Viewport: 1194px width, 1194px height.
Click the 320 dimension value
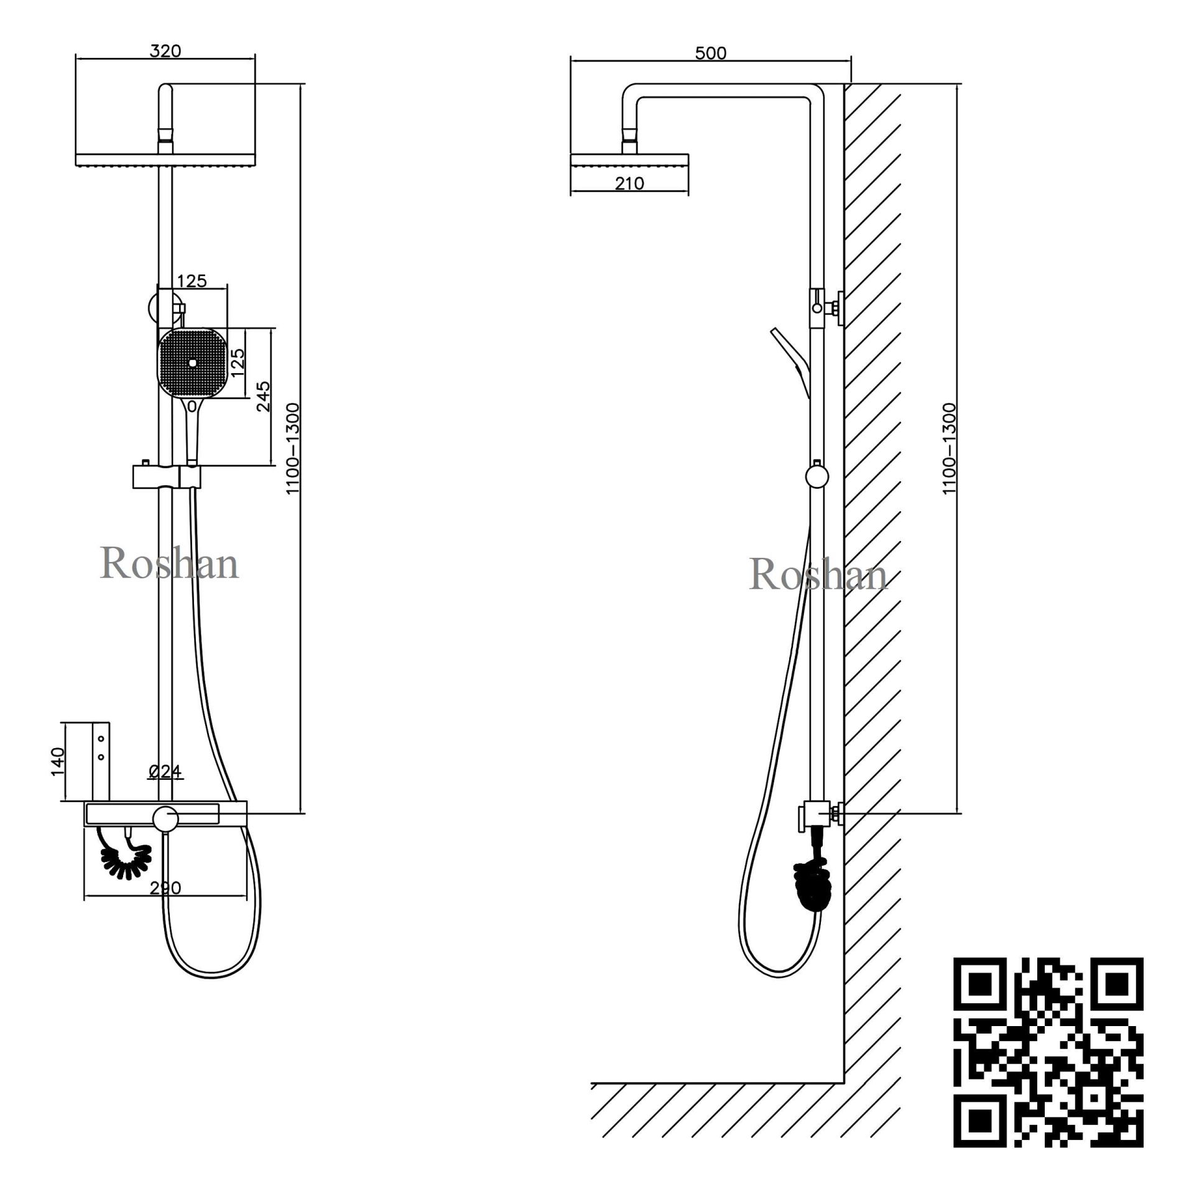click(x=165, y=51)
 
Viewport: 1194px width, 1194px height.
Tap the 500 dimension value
click(x=710, y=53)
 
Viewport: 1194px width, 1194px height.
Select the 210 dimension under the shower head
click(x=629, y=183)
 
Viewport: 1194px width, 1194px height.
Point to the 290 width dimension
click(x=165, y=887)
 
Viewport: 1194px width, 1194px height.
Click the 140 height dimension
click(x=57, y=761)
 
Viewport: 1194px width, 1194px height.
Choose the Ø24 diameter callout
click(x=165, y=772)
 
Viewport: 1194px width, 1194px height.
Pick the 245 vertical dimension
click(x=264, y=396)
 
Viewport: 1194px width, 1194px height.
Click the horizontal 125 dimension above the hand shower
click(x=192, y=281)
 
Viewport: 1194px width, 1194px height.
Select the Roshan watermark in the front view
click(x=169, y=564)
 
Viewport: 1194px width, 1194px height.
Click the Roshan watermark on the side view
click(x=818, y=574)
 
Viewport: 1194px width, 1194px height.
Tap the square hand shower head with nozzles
click(x=192, y=364)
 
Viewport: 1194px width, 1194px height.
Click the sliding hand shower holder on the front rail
click(x=167, y=477)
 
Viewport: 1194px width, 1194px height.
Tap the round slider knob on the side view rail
click(x=817, y=478)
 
